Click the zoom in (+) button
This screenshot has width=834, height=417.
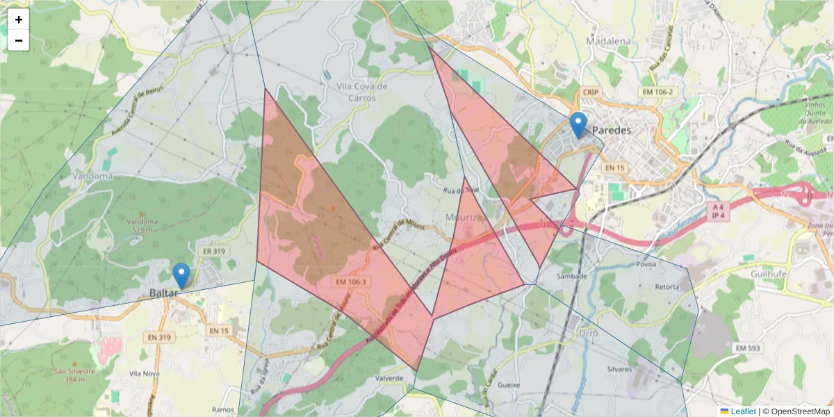click(x=19, y=19)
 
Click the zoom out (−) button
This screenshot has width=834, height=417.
click(x=19, y=40)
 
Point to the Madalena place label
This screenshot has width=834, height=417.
click(x=608, y=41)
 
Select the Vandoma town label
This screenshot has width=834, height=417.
click(x=92, y=176)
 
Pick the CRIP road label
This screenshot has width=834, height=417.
click(x=591, y=92)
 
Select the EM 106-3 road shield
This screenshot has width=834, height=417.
click(x=350, y=282)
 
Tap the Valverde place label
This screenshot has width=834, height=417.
click(x=389, y=378)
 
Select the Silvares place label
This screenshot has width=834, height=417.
click(x=619, y=369)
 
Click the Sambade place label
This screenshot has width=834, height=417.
click(x=573, y=276)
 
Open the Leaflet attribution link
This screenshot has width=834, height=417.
click(x=743, y=411)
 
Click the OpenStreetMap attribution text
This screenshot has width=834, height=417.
click(x=800, y=411)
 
